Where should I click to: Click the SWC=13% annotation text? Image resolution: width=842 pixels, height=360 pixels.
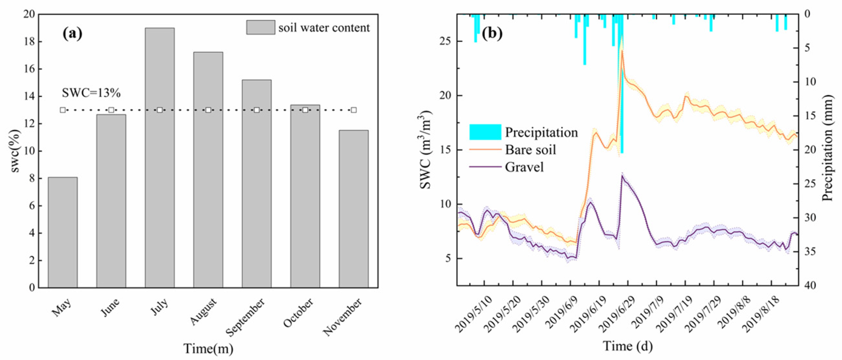pyautogui.click(x=91, y=93)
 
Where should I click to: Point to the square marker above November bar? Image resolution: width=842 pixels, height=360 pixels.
pyautogui.click(x=353, y=110)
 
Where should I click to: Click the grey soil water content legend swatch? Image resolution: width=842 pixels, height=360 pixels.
pyautogui.click(x=260, y=28)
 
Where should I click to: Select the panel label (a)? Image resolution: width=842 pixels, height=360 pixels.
pyautogui.click(x=72, y=33)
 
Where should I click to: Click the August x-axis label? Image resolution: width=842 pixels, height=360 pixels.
pyautogui.click(x=203, y=311)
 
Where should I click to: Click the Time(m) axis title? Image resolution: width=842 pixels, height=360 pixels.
pyautogui.click(x=208, y=348)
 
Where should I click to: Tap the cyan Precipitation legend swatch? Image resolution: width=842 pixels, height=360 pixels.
pyautogui.click(x=485, y=132)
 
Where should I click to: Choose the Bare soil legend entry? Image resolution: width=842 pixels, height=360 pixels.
pyautogui.click(x=530, y=150)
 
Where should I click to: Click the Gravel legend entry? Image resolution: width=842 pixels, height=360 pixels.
pyautogui.click(x=524, y=167)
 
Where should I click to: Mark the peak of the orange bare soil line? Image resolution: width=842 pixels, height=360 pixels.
pyautogui.click(x=622, y=51)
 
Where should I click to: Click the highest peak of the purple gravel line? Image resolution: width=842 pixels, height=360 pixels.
pyautogui.click(x=622, y=176)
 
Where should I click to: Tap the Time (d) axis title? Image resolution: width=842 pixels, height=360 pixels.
pyautogui.click(x=628, y=346)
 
